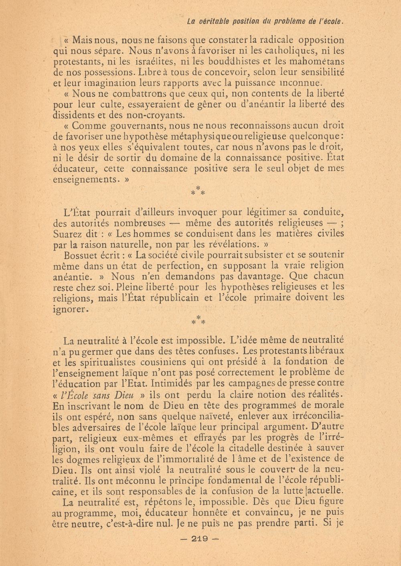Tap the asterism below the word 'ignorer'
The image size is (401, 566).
[198, 320]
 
